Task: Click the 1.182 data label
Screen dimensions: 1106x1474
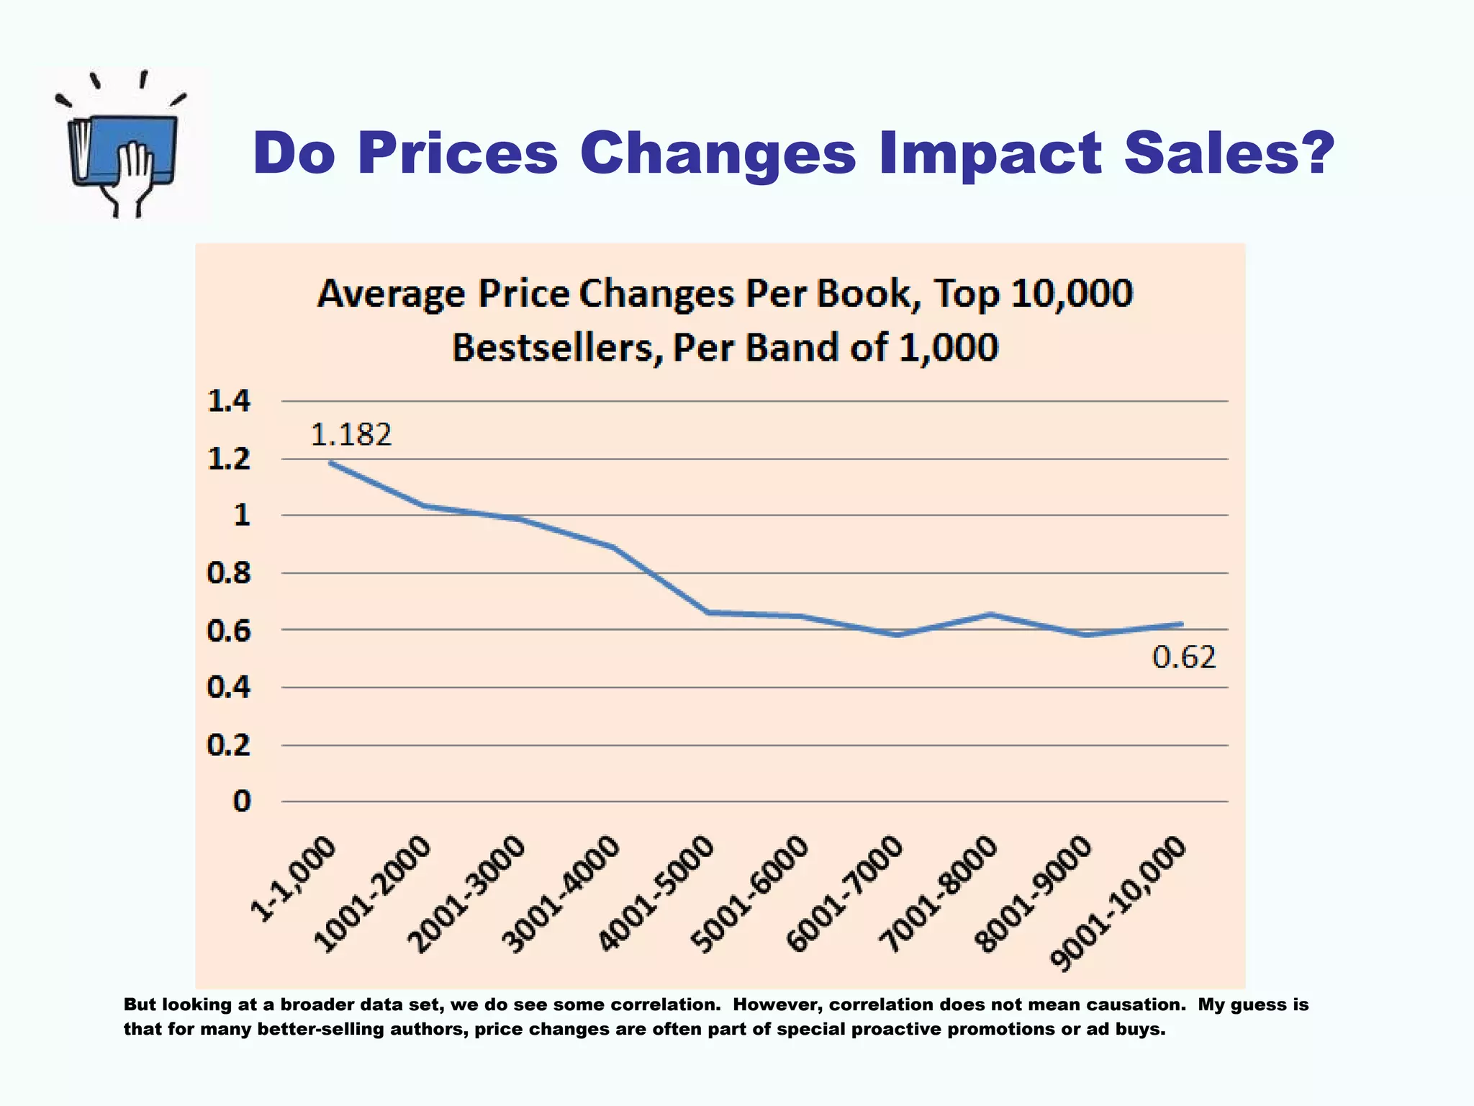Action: click(351, 435)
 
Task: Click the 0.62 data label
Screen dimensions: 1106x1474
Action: click(1184, 657)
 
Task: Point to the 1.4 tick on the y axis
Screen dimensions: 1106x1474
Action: click(229, 401)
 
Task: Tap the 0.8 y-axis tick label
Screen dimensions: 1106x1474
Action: click(229, 573)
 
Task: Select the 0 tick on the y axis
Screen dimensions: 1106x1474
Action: click(242, 801)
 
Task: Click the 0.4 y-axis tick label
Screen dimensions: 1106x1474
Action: click(229, 688)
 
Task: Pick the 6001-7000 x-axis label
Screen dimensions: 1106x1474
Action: click(846, 894)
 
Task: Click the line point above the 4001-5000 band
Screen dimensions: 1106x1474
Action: click(709, 613)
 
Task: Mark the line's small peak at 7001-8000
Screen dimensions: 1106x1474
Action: click(992, 614)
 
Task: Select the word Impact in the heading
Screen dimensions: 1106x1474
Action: click(990, 153)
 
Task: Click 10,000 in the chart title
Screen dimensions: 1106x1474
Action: click(1072, 294)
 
